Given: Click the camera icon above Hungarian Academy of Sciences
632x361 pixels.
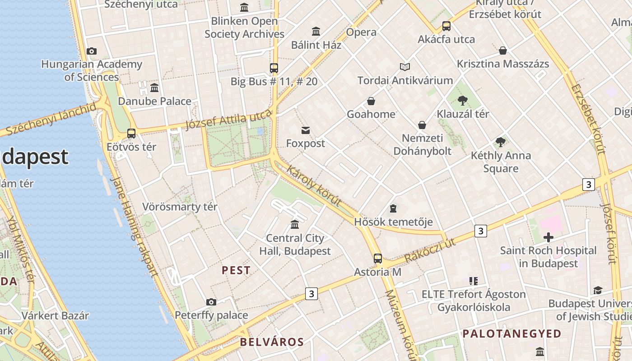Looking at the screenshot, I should click(92, 51).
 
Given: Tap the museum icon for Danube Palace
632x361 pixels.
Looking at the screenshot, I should click(154, 88).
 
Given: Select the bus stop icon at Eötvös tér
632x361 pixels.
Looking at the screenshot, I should click(131, 134).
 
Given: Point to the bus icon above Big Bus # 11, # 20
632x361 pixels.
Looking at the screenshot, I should click(274, 68).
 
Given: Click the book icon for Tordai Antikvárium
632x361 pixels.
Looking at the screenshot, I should click(404, 67).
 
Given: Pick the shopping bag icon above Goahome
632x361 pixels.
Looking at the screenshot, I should click(371, 101).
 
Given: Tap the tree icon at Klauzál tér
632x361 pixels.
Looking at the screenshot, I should click(462, 100).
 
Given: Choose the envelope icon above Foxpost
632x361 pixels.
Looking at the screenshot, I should click(306, 130).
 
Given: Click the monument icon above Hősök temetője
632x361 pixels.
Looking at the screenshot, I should click(393, 208).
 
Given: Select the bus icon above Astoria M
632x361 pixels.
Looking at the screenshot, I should click(377, 259).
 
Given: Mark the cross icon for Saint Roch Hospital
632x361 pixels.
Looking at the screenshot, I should click(548, 237).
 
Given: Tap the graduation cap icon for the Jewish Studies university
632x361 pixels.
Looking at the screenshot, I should click(598, 290).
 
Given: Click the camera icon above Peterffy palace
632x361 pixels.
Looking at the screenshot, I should click(211, 302).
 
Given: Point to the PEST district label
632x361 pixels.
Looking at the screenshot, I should click(236, 270).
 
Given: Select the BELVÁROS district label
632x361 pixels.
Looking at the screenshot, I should click(272, 342).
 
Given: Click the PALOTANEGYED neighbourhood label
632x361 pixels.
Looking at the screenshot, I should click(512, 334).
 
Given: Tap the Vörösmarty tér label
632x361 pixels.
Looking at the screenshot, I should click(180, 207).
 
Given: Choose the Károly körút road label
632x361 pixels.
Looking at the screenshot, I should click(314, 186).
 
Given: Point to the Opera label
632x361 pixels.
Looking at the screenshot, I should click(361, 32).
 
